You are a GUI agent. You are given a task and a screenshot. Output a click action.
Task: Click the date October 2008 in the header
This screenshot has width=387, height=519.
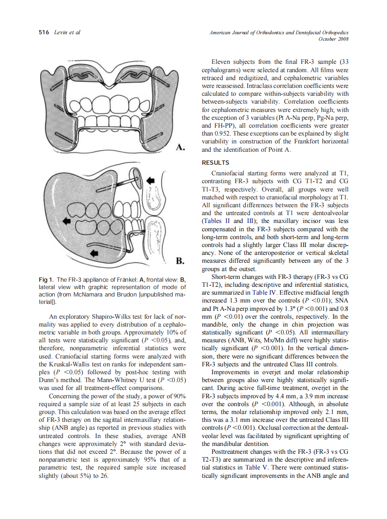(333, 39)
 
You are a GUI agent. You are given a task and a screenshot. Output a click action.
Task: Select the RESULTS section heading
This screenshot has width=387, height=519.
(216, 162)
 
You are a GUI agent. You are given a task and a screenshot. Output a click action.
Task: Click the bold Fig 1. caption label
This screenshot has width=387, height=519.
(47, 280)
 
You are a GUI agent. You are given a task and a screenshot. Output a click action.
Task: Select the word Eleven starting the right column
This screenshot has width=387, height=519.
(221, 62)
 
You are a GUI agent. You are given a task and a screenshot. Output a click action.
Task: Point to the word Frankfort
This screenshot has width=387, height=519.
(300, 141)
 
